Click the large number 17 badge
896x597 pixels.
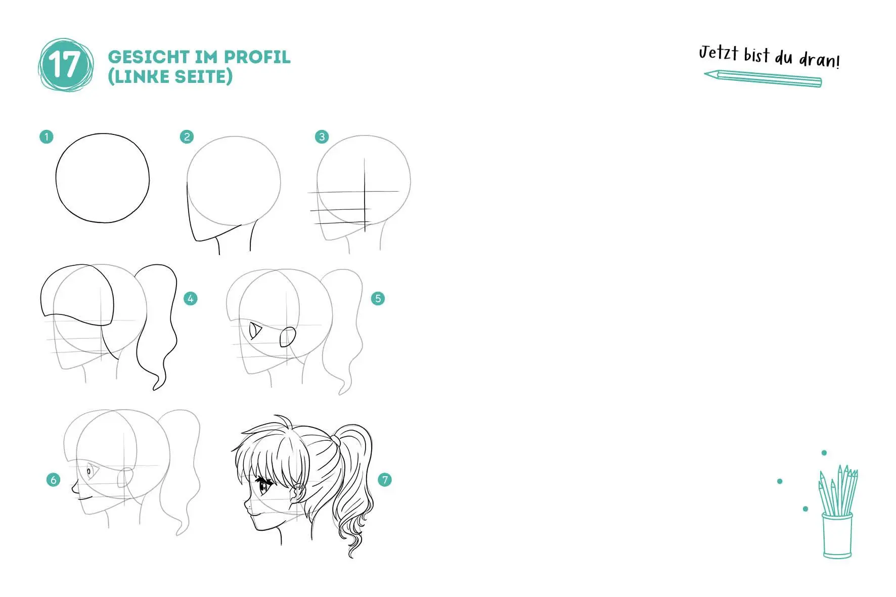(65, 65)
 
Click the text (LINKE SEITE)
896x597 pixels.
(170, 76)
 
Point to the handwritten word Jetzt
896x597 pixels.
(718, 53)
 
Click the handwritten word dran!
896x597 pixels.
(819, 60)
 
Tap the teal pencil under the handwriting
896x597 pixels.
(763, 78)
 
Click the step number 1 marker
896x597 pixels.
(47, 136)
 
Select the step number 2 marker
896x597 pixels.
(187, 136)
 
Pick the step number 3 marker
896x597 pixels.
(322, 136)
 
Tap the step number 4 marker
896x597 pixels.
(190, 299)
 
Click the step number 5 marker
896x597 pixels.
(378, 299)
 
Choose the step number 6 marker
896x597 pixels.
(53, 480)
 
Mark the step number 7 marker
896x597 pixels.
(385, 480)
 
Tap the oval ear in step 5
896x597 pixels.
(288, 337)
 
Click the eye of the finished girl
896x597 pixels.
(264, 488)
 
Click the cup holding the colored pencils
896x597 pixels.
(837, 535)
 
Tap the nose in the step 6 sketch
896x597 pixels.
(74, 489)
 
